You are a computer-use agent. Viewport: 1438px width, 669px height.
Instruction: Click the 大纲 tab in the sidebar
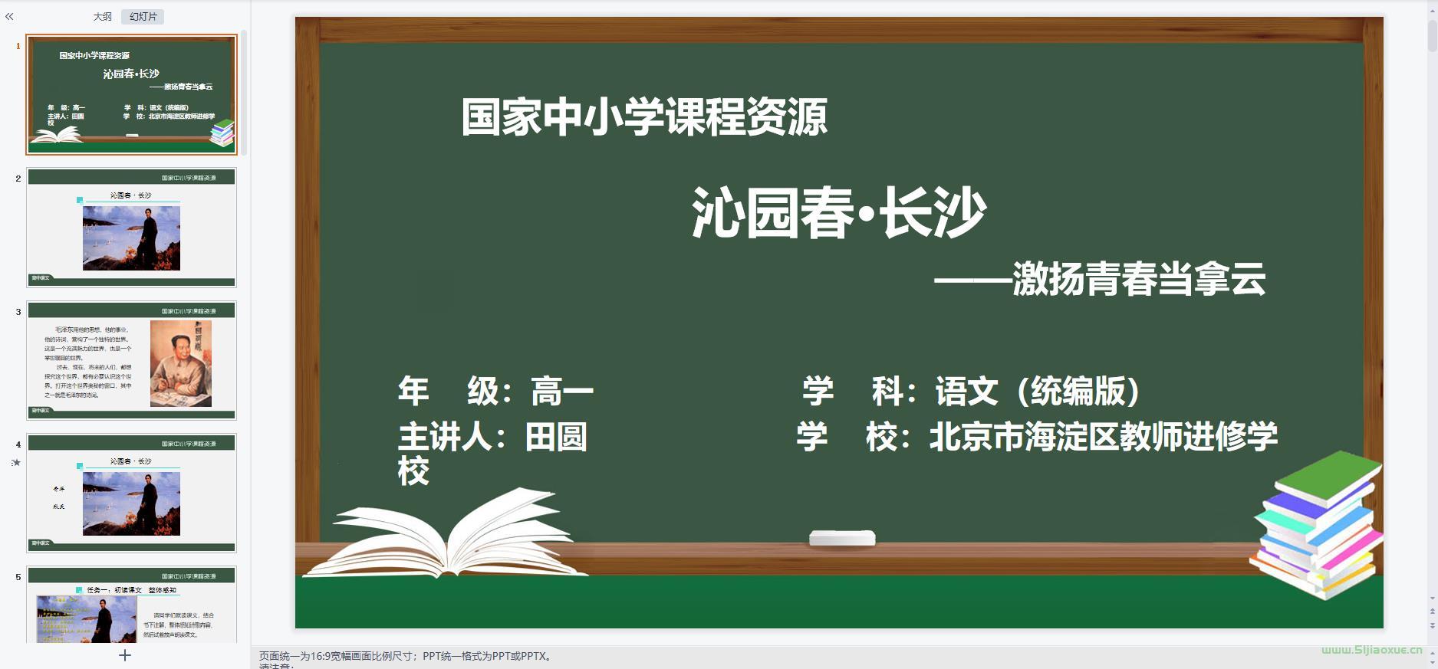point(102,17)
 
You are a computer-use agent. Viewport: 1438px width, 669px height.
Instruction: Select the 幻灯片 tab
point(143,17)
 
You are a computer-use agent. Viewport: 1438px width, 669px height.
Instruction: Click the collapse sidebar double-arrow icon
point(9,16)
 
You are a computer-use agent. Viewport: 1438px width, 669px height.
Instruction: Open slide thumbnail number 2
point(131,228)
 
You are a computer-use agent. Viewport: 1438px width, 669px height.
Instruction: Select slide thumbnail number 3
point(131,360)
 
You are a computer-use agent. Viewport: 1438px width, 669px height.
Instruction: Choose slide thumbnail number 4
point(131,493)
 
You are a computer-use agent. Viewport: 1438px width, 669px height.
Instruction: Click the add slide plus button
point(125,655)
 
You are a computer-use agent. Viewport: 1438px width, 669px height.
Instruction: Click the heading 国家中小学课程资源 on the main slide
point(643,117)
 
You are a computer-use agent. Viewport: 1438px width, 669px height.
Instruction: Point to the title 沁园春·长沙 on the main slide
point(838,213)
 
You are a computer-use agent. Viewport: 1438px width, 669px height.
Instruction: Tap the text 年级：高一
point(495,392)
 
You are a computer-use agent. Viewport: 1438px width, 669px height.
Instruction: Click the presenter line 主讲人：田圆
point(492,437)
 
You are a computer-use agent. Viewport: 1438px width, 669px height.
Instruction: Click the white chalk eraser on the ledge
point(842,538)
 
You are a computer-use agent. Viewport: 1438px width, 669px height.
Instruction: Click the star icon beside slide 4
point(16,462)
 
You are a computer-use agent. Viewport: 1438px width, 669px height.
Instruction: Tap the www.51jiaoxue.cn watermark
point(1371,650)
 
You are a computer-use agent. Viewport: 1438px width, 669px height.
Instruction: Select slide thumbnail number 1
point(131,94)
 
